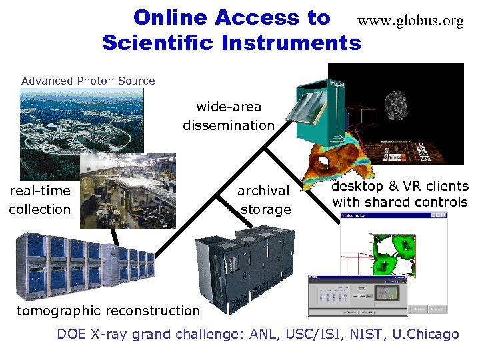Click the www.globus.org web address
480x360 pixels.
[x=410, y=21]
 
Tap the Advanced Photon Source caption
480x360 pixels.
[x=88, y=81]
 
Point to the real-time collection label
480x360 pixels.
[x=39, y=200]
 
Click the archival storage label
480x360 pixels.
[x=265, y=200]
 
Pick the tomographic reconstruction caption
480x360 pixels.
[x=108, y=310]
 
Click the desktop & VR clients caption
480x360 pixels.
[x=400, y=194]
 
